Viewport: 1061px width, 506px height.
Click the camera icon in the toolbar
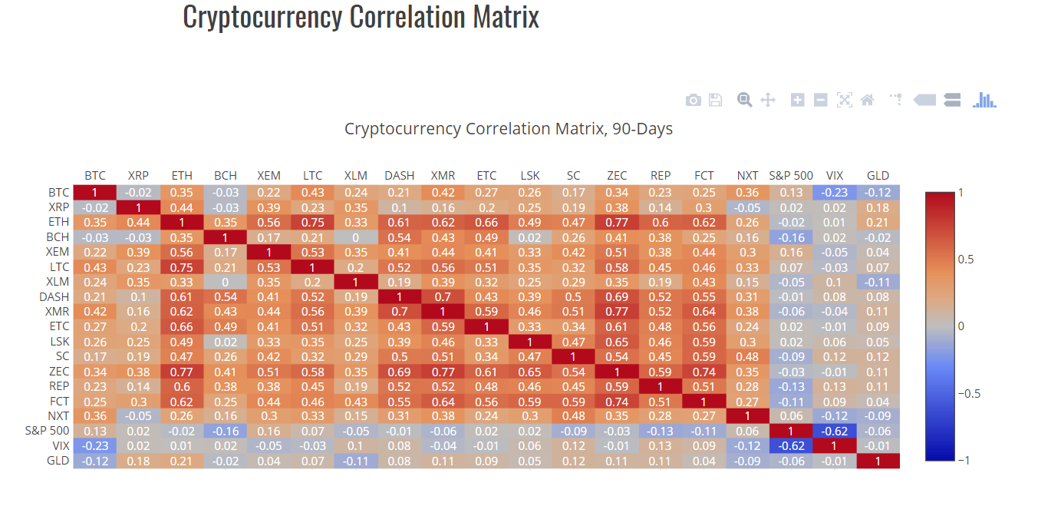[x=693, y=100]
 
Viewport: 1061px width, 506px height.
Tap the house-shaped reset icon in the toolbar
[x=868, y=100]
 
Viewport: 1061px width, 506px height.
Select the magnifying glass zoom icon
[x=744, y=100]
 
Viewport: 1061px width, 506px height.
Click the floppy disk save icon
[x=715, y=100]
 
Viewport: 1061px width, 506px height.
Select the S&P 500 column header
[x=791, y=176]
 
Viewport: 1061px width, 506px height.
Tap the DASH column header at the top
[x=399, y=176]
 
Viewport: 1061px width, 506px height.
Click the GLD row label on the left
[x=58, y=461]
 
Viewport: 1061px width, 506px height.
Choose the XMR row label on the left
[x=57, y=312]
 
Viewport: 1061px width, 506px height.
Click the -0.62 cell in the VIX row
[x=791, y=446]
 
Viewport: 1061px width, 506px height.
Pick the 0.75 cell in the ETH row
[x=312, y=223]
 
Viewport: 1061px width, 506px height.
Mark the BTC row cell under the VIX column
[x=835, y=193]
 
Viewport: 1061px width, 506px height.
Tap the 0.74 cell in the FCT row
[x=617, y=401]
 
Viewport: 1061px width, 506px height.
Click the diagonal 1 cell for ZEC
[x=617, y=372]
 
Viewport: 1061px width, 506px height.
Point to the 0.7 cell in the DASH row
[x=443, y=297]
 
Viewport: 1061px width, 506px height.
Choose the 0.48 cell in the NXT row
[x=573, y=416]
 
